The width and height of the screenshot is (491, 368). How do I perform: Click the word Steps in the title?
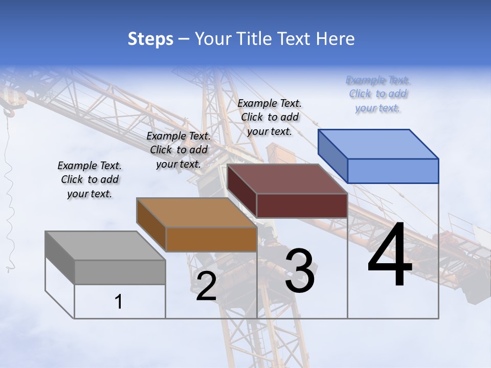150,39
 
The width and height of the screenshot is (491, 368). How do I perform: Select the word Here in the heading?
336,39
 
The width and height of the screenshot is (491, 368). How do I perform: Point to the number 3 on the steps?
300,271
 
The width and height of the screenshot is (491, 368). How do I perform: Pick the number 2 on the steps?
206,286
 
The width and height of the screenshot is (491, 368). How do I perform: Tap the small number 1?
119,302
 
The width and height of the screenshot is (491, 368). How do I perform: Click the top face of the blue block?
378,144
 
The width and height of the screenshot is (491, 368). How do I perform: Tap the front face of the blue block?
393,171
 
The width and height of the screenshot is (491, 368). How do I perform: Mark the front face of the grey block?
120,272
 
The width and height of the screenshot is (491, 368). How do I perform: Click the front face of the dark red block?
302,205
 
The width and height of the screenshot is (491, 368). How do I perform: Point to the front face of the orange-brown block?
211,239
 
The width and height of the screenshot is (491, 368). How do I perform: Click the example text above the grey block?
90,179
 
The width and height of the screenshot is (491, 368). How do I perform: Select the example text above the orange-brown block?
178,150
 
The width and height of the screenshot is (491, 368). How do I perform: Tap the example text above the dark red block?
270,117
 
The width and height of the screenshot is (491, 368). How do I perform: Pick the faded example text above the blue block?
378,94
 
